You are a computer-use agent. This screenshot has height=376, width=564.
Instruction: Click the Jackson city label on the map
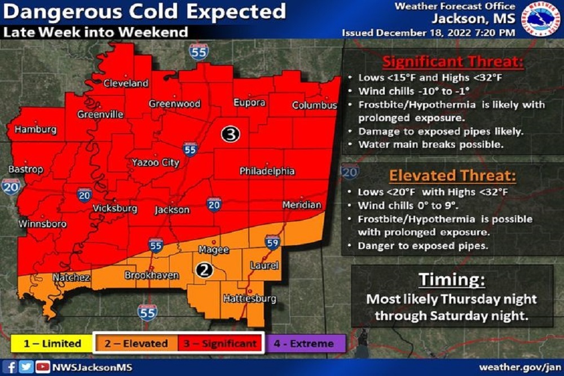coord(172,210)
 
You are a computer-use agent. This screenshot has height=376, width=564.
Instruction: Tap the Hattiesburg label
coord(249,298)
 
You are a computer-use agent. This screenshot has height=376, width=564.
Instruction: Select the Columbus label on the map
coord(314,105)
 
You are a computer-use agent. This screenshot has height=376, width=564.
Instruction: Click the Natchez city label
coord(71,277)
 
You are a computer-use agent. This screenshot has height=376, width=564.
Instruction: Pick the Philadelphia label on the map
coord(267,171)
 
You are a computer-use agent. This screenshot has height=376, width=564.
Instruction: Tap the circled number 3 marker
coord(230,134)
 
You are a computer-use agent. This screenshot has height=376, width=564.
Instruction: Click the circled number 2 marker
coord(204,270)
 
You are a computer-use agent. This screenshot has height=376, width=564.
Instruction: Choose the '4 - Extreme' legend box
coord(304,343)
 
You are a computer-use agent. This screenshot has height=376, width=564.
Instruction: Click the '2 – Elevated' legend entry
coord(135,343)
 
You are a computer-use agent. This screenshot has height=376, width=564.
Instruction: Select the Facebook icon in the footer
coord(12,367)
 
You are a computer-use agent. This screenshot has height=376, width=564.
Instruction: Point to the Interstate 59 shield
coord(271,242)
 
